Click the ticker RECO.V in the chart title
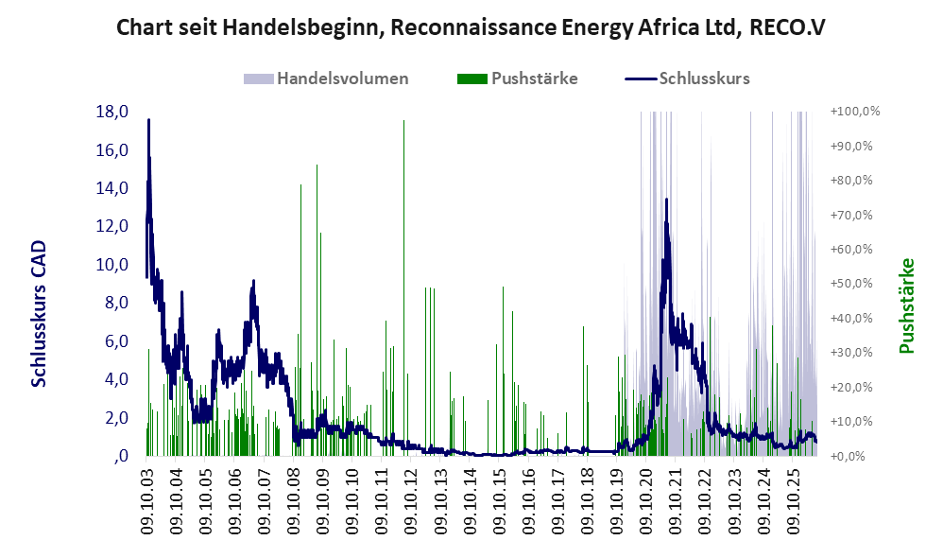(x=787, y=27)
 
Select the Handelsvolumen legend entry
(x=326, y=78)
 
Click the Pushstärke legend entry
(x=517, y=78)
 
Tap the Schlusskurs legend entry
(x=687, y=78)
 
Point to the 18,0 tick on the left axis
(x=112, y=112)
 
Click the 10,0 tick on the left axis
(x=112, y=264)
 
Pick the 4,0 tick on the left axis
(x=116, y=379)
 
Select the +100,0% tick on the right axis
(x=855, y=112)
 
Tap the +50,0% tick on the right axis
(x=851, y=284)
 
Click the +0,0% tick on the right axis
(x=848, y=456)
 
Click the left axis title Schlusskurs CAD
(x=38, y=314)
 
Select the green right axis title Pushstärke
(x=907, y=305)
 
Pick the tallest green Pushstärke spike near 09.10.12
(x=403, y=288)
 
